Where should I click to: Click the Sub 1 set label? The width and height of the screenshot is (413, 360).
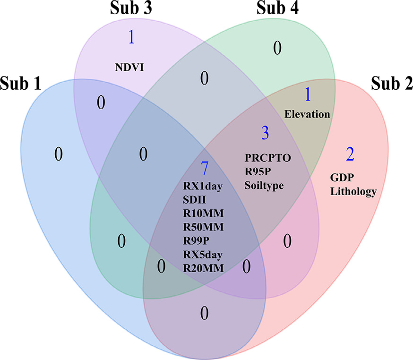(21, 84)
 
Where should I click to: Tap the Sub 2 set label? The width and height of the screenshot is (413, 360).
(391, 84)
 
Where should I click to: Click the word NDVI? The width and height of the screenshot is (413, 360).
(129, 67)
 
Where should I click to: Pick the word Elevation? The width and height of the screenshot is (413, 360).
(307, 114)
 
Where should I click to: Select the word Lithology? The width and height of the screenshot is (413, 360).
(353, 191)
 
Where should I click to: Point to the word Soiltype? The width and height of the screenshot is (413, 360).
(264, 185)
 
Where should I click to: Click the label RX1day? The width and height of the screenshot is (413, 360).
(203, 185)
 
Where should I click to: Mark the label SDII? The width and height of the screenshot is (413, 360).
(194, 199)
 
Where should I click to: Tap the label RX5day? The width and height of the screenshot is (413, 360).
(203, 255)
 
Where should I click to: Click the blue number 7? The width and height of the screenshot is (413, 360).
(204, 167)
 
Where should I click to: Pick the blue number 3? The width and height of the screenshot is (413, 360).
(265, 133)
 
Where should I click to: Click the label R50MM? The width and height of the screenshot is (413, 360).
(203, 227)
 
